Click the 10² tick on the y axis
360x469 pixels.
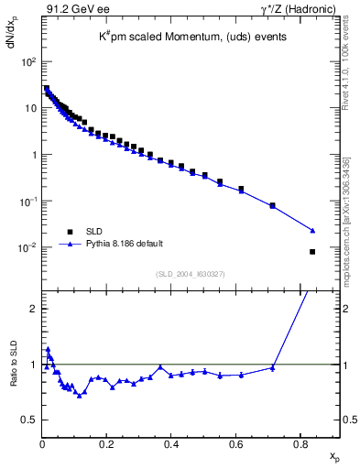29,61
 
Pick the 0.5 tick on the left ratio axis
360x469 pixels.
29,420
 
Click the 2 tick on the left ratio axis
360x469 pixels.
32,309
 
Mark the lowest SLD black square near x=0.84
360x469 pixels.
312,252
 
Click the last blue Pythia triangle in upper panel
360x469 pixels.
312,230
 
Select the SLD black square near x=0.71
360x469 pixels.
273,205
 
